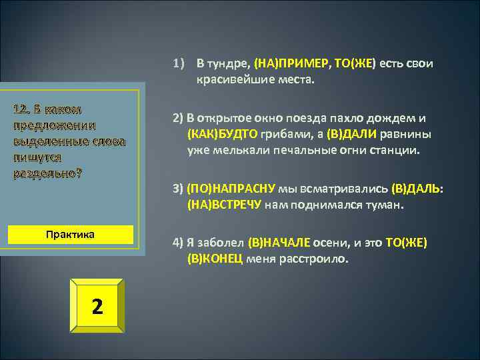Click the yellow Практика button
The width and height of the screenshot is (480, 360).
click(x=70, y=235)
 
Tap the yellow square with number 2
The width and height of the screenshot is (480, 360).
click(x=97, y=306)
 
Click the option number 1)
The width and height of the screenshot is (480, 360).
click(x=178, y=64)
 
